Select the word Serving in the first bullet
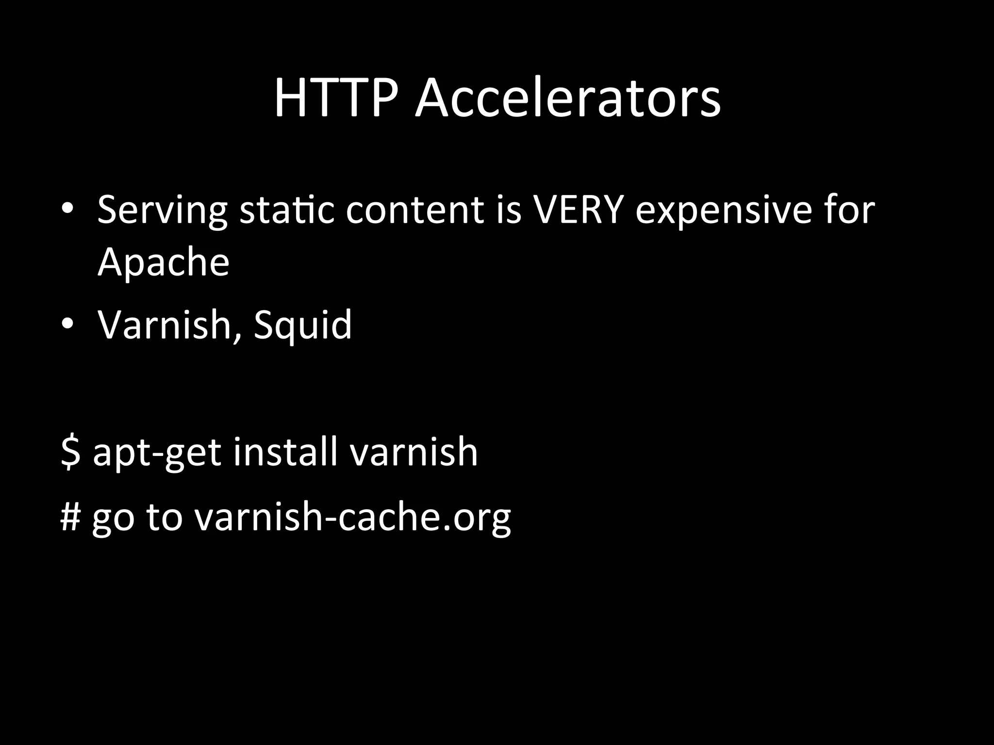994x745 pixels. pos(162,210)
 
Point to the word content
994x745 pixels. pos(415,210)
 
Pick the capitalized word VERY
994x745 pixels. pos(578,210)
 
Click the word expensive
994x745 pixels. pos(724,210)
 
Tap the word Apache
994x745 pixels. pos(163,262)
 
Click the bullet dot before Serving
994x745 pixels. pos(67,209)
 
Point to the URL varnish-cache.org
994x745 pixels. pos(353,516)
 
